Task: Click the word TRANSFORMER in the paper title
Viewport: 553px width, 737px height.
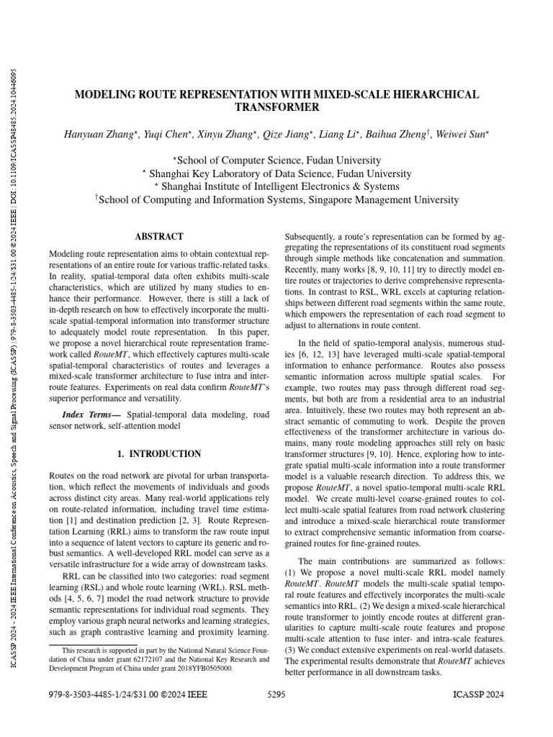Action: click(277, 107)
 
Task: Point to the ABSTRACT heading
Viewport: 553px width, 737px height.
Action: click(159, 236)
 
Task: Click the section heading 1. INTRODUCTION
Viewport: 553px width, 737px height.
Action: click(159, 454)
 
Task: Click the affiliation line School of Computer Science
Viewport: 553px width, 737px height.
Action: click(277, 160)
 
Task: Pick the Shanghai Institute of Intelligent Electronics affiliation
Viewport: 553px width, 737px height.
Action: click(277, 186)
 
